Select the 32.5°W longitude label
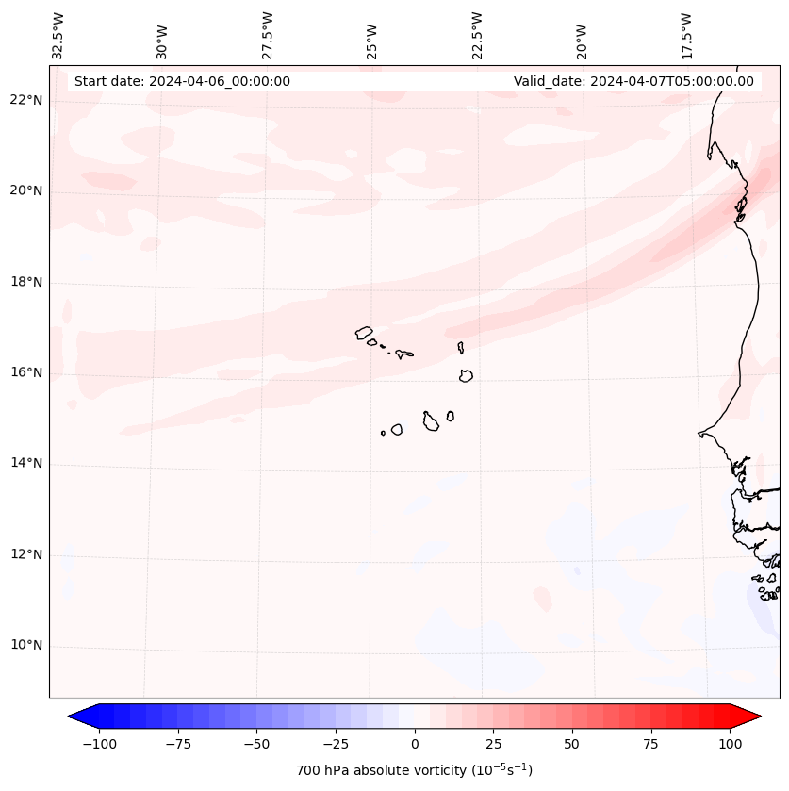(58, 36)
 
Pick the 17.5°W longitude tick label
(686, 36)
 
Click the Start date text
(182, 81)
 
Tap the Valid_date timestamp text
(633, 81)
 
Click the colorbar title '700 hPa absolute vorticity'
(414, 770)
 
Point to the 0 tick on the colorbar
(414, 744)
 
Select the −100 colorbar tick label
(99, 744)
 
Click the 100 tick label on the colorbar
(730, 744)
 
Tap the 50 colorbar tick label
(572, 744)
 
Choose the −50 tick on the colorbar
(256, 744)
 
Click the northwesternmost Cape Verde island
(364, 333)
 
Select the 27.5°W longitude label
(267, 36)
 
